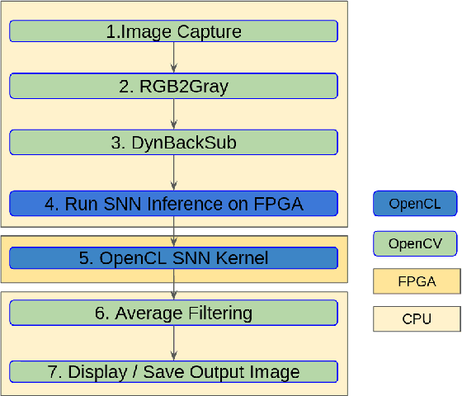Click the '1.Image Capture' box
point(173,31)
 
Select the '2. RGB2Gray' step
point(173,85)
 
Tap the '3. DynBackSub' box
point(173,142)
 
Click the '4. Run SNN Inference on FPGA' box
point(173,203)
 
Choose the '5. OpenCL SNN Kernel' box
point(173,257)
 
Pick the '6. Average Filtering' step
point(173,313)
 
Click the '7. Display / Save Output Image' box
point(173,370)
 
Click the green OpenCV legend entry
point(415,243)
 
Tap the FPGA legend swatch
point(417,280)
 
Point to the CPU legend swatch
point(417,319)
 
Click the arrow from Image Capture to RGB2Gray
point(173,58)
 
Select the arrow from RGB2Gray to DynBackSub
point(173,113)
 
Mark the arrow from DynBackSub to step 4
point(173,172)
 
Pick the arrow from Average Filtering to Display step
point(173,342)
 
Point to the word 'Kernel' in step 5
point(245,257)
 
